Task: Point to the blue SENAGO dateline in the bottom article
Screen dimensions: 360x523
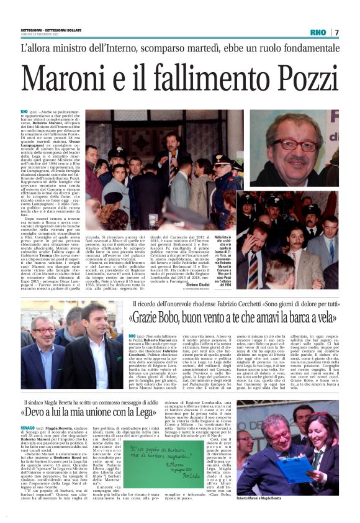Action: (30, 428)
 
